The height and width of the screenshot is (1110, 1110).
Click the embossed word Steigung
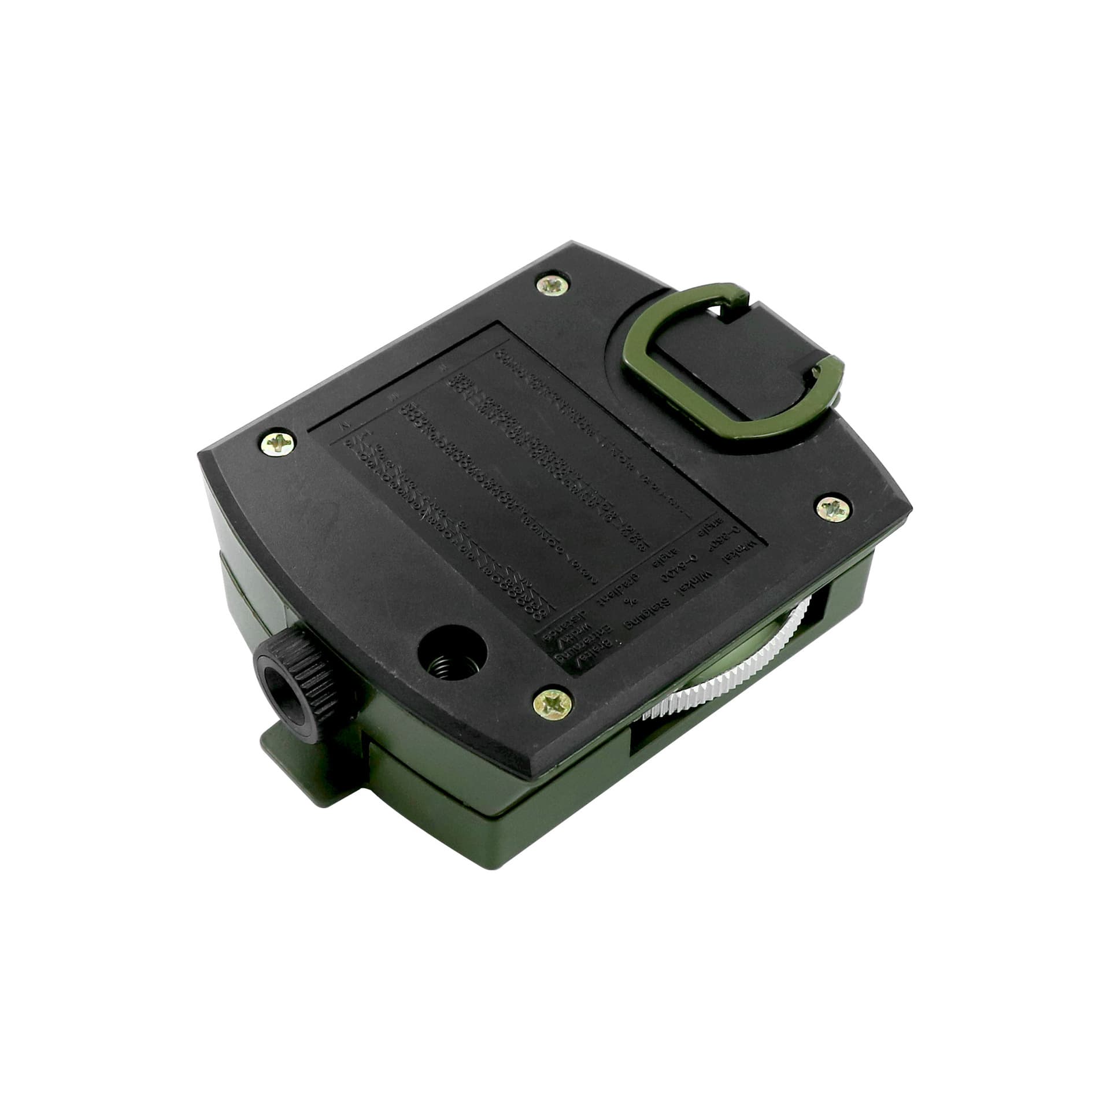[647, 613]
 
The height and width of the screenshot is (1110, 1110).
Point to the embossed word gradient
[618, 589]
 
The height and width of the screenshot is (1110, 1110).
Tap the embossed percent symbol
[631, 601]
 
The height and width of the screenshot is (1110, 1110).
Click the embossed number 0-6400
[680, 568]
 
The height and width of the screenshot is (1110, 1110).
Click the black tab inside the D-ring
[734, 370]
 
